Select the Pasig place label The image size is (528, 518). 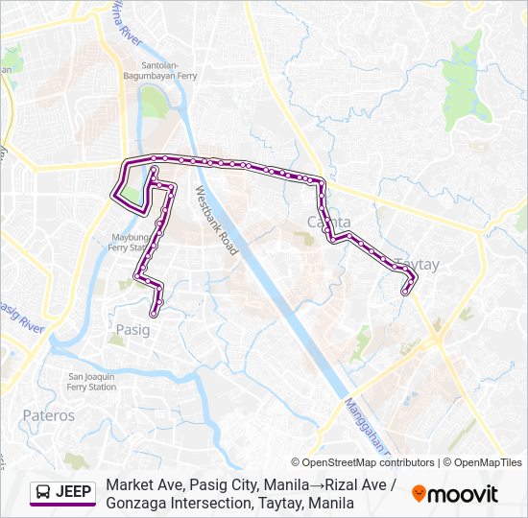pyautogui.click(x=132, y=329)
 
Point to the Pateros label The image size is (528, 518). pyautogui.click(x=47, y=415)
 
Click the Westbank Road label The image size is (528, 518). pyautogui.click(x=216, y=220)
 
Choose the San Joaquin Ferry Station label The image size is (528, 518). pyautogui.click(x=92, y=381)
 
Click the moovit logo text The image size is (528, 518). pyautogui.click(x=463, y=494)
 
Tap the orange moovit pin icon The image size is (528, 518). pyautogui.click(x=419, y=494)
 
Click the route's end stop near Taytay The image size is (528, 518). pyautogui.click(x=405, y=293)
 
